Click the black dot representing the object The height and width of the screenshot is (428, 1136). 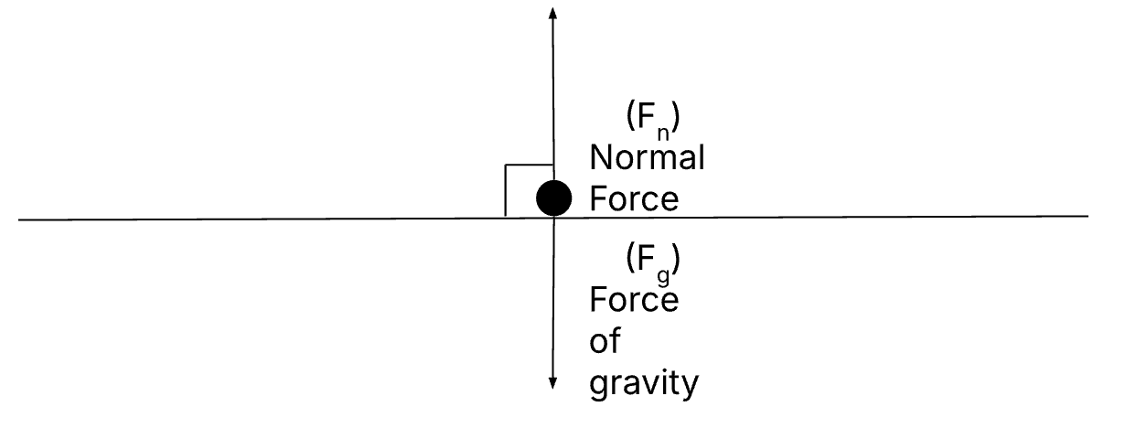tap(553, 198)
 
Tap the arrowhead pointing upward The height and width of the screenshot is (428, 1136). tap(552, 13)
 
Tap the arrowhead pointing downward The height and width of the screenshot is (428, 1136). tap(552, 383)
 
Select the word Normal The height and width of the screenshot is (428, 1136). tap(647, 157)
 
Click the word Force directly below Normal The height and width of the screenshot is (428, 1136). tap(634, 198)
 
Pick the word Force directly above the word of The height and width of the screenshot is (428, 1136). tap(634, 300)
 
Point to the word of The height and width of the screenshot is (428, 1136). tap(605, 340)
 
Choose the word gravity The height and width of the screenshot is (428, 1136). tap(644, 384)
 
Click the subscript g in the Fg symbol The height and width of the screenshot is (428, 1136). tap(663, 277)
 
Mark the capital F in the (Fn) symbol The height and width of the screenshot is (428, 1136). tap(646, 116)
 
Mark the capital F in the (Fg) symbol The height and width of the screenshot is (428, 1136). tap(646, 258)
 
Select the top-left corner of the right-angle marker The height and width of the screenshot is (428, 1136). tap(505, 165)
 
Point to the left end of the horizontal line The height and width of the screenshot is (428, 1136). tap(19, 220)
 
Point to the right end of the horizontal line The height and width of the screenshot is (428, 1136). tap(1088, 217)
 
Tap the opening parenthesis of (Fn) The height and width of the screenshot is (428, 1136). tap(631, 115)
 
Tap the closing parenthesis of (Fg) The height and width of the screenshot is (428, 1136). tap(675, 258)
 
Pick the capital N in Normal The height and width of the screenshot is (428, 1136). tap(600, 157)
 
